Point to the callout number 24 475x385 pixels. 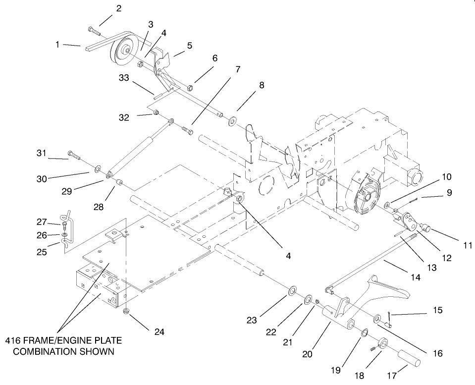coord(158,332)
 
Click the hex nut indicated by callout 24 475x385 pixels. coord(126,311)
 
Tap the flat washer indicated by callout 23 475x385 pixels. coord(292,289)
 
